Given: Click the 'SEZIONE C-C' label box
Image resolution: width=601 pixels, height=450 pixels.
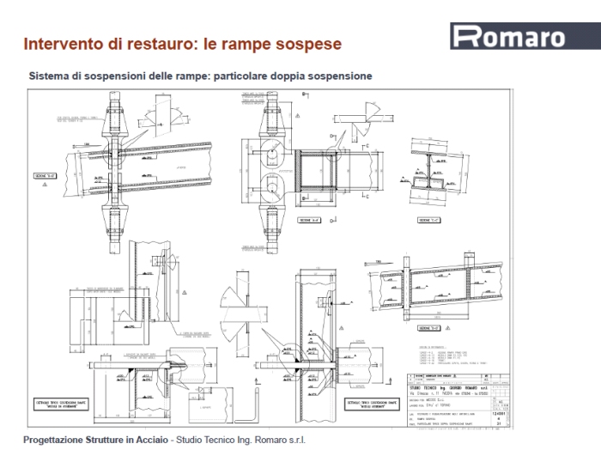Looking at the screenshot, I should (x=424, y=221).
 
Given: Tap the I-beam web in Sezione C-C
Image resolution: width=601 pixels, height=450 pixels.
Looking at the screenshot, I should (x=427, y=169).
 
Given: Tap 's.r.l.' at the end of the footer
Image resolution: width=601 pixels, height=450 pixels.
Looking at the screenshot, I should (x=293, y=440).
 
